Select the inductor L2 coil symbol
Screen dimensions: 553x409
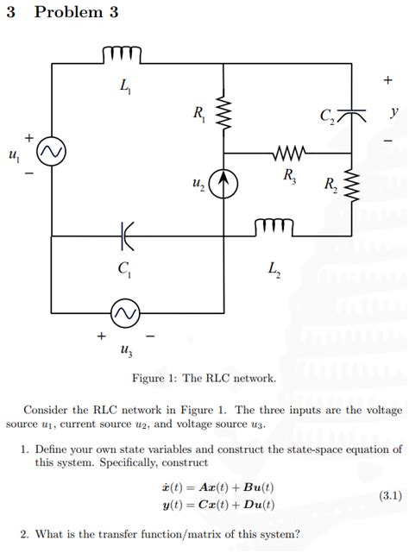coord(274,228)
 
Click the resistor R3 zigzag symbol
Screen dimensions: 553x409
coord(287,155)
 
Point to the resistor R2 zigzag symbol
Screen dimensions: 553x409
coord(351,185)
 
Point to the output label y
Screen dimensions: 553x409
coord(393,112)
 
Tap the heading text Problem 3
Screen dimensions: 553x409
coord(76,13)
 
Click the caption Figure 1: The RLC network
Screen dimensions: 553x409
coord(204,378)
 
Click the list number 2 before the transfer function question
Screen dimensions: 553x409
coord(24,533)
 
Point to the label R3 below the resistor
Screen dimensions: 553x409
coord(289,177)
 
